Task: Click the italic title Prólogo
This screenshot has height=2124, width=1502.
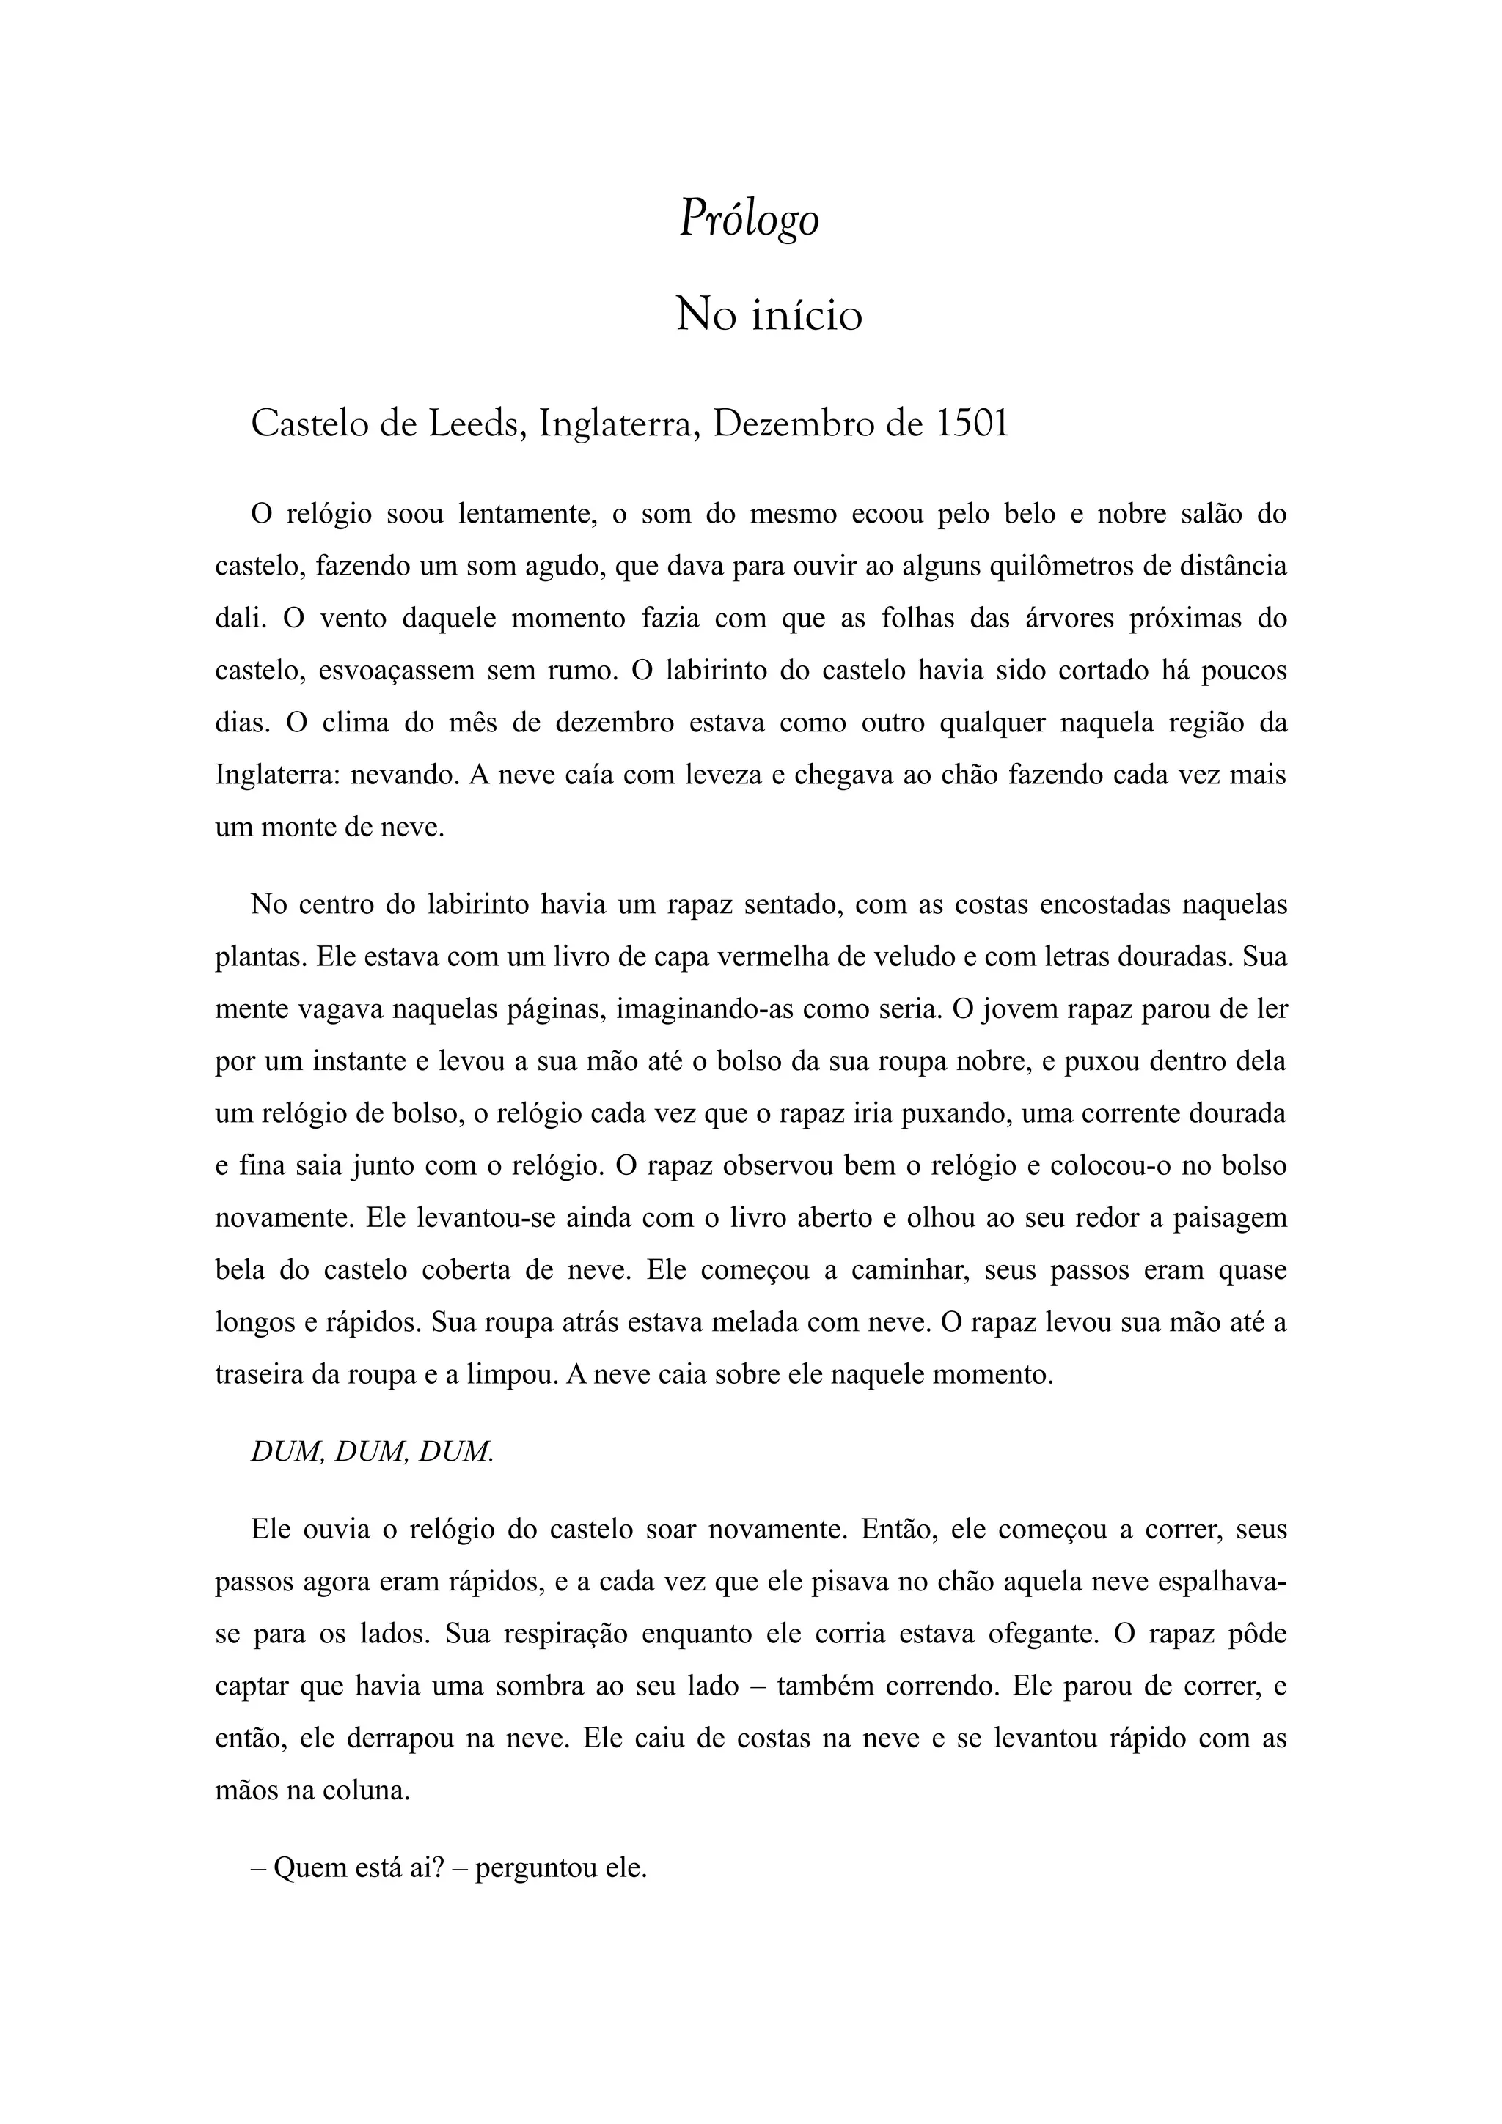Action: [x=750, y=220]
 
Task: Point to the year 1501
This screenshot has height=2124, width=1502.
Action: [x=972, y=424]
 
